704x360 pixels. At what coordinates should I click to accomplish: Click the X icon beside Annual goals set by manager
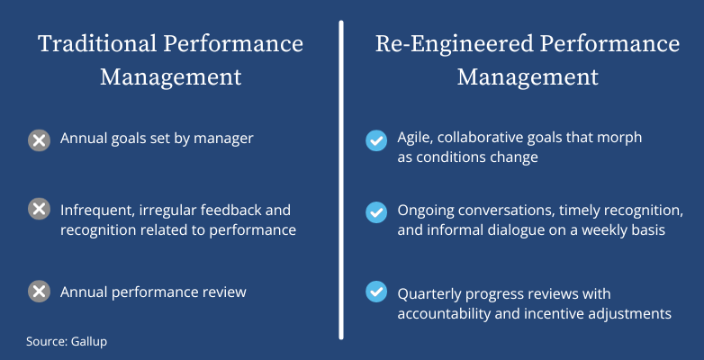(x=39, y=140)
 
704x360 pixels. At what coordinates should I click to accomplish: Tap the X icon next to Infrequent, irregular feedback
(x=39, y=210)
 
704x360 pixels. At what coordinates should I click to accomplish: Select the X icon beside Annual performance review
(x=39, y=292)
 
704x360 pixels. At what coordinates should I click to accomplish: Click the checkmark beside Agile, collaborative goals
(x=375, y=140)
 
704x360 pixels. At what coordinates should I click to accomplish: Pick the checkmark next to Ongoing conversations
(x=375, y=212)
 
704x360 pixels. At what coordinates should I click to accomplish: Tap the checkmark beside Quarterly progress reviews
(x=375, y=292)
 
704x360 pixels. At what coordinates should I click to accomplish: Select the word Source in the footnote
(x=48, y=342)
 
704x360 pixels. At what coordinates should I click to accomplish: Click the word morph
(x=621, y=139)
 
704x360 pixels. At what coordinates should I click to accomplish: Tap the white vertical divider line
(x=342, y=180)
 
